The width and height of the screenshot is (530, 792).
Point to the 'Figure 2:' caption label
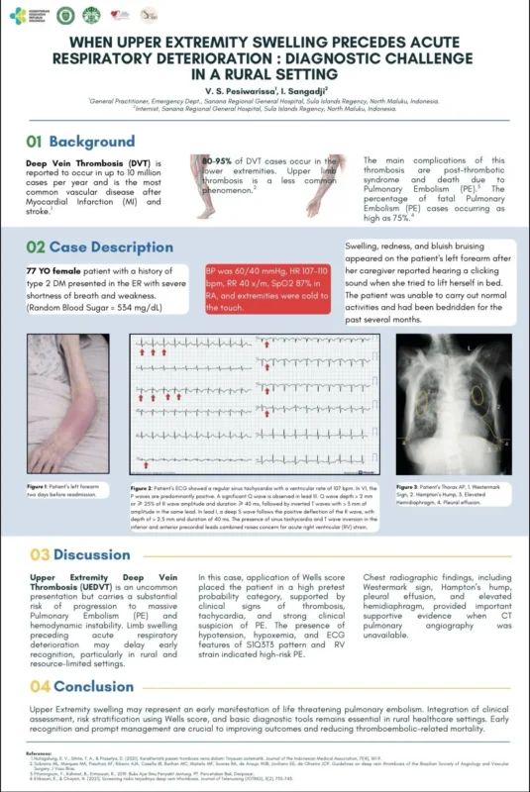146,488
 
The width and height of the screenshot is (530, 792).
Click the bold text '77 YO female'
56,270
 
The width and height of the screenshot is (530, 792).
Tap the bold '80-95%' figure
218,159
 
